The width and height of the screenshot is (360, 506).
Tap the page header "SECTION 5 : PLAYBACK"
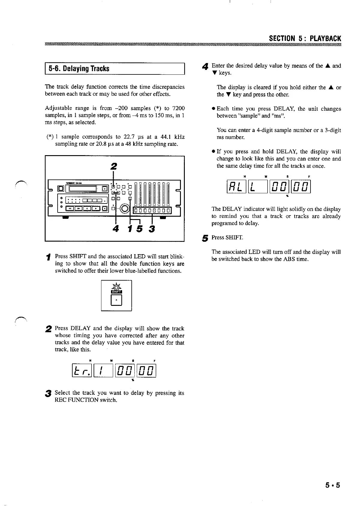pos(305,39)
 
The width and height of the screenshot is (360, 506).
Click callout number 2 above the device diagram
pos(114,166)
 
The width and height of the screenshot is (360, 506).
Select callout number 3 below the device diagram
pos(152,229)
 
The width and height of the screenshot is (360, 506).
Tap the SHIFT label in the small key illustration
pos(116,291)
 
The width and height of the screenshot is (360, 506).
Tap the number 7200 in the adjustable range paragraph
pos(178,108)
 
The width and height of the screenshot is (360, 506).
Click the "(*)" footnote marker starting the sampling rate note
pos(50,137)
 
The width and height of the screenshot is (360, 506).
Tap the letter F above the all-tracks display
pos(309,176)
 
